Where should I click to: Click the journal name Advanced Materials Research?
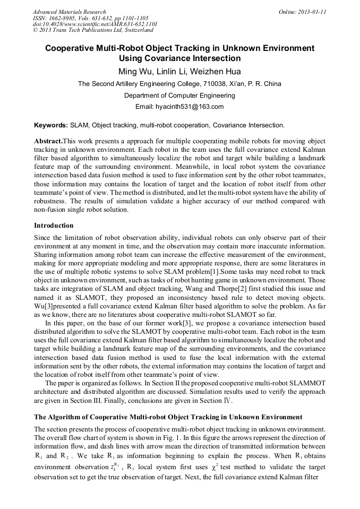pos(69,12)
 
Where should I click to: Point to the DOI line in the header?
pos(95,24)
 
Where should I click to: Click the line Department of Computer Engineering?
pos(179,96)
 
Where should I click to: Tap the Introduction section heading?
pos(56,225)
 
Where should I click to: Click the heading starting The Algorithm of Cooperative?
pos(168,417)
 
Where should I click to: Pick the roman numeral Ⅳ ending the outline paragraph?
pos(230,401)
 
